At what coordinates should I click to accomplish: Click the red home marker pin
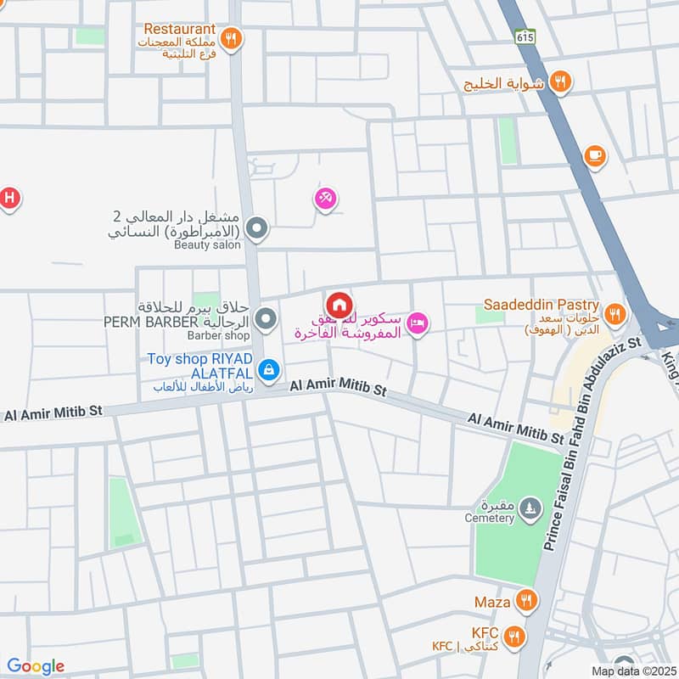tap(339, 304)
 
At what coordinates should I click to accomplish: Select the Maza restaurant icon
tap(527, 602)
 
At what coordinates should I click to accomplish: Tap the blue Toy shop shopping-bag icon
tap(269, 369)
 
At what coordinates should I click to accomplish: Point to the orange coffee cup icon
tap(595, 155)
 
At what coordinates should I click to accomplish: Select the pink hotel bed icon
tap(418, 323)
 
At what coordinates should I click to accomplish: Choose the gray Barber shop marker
tap(267, 319)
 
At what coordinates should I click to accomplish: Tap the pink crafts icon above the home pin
tap(326, 199)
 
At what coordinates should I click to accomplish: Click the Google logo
tap(36, 665)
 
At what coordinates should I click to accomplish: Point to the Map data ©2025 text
tap(632, 671)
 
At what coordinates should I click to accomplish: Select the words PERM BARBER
tap(150, 323)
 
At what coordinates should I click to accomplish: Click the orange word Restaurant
tap(179, 29)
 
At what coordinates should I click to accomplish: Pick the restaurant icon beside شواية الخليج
tap(559, 81)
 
